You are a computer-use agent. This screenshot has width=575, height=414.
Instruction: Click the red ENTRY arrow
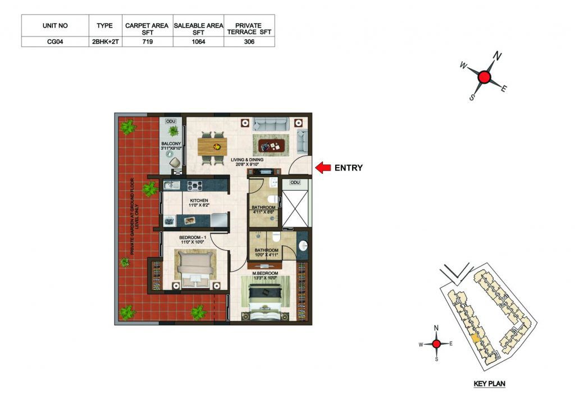(x=323, y=168)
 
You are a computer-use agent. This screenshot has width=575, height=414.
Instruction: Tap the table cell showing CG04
(x=55, y=42)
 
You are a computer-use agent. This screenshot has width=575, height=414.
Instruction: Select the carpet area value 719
(x=148, y=42)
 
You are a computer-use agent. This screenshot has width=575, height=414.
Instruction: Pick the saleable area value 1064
(x=198, y=42)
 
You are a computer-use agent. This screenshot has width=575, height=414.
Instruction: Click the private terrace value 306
(x=249, y=42)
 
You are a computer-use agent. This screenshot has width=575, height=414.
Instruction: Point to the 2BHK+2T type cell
(x=105, y=42)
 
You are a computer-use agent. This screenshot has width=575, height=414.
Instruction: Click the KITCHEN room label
(x=199, y=201)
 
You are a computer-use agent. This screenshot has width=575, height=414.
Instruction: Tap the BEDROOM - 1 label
(x=193, y=238)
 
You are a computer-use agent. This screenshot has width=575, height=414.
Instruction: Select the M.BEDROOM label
(x=265, y=273)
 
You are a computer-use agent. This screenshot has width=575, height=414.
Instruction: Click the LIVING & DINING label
(x=247, y=160)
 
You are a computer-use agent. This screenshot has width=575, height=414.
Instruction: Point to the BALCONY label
(x=171, y=143)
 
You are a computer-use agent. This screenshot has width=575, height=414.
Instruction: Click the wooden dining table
(x=212, y=147)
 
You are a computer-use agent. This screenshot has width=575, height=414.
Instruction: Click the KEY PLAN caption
(x=489, y=384)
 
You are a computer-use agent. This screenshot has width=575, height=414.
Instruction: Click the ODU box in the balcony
(x=171, y=121)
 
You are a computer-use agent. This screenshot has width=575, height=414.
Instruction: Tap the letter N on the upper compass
(x=497, y=56)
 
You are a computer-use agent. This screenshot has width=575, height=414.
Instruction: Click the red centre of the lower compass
(x=436, y=344)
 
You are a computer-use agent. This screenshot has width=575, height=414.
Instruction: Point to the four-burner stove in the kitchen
(x=195, y=186)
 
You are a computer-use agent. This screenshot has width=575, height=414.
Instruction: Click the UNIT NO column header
(x=55, y=26)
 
